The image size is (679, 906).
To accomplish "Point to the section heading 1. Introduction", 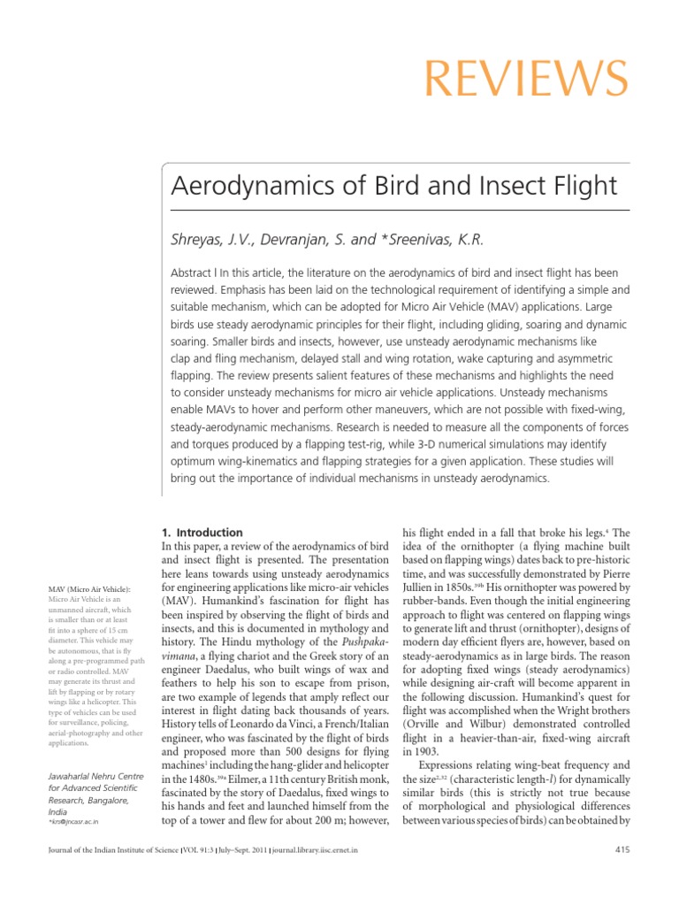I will click(x=202, y=533).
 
